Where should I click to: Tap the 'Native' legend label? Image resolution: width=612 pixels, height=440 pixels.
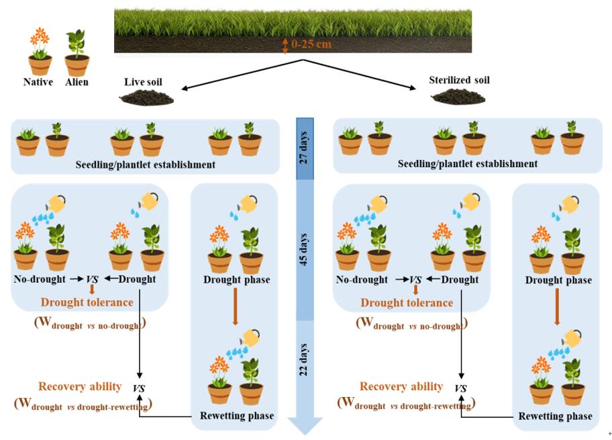pyautogui.click(x=38, y=82)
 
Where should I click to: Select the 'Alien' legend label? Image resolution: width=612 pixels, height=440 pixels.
pyautogui.click(x=76, y=82)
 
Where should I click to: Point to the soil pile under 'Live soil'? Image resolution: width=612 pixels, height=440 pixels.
pyautogui.click(x=146, y=99)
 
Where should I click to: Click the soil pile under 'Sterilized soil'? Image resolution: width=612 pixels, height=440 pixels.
pyautogui.click(x=458, y=97)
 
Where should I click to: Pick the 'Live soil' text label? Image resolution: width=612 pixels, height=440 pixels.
pyautogui.click(x=143, y=82)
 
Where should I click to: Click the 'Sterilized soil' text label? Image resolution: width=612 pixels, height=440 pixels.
pyautogui.click(x=459, y=80)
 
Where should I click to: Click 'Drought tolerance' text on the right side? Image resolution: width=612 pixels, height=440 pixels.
pyautogui.click(x=407, y=302)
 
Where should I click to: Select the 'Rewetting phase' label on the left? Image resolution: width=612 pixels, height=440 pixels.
pyautogui.click(x=237, y=416)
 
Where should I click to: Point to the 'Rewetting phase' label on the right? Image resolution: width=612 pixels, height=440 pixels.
pyautogui.click(x=555, y=416)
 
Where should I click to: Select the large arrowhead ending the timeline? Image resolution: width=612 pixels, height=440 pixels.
pyautogui.click(x=305, y=425)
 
